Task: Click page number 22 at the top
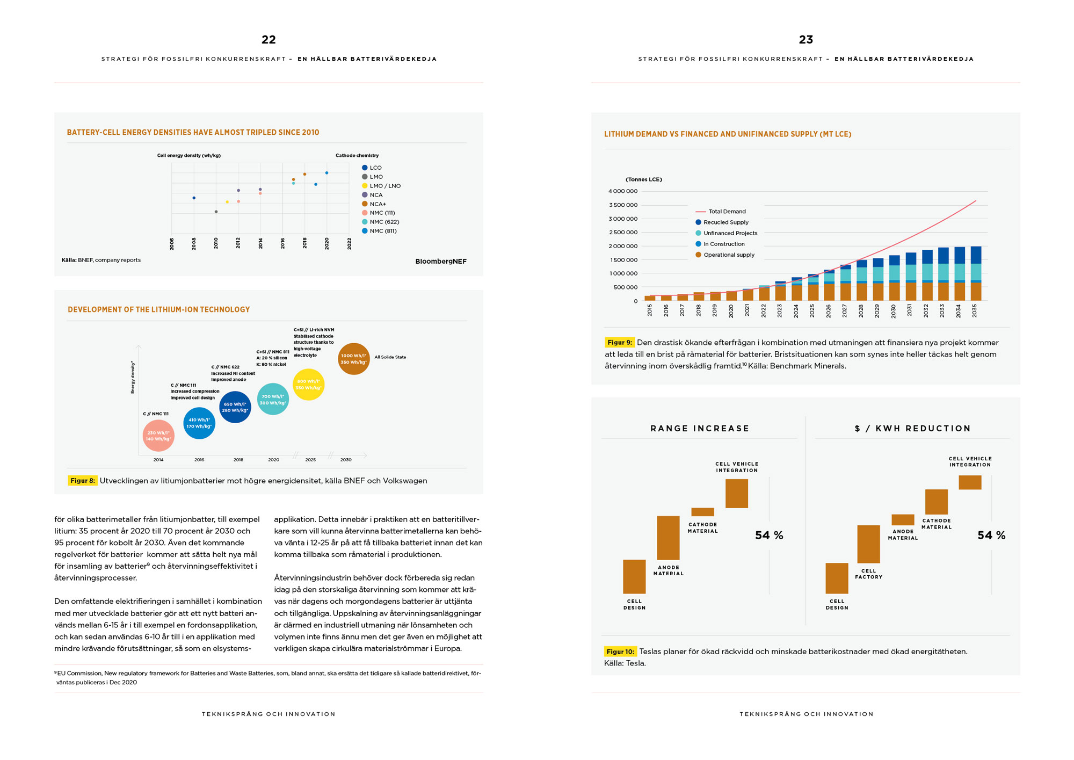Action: [x=268, y=40]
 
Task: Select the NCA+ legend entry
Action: [x=374, y=204]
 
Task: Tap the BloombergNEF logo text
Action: [x=441, y=262]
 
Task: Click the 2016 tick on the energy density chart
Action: [x=282, y=243]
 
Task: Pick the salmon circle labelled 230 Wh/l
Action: [x=158, y=436]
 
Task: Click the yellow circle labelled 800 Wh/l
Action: [x=309, y=385]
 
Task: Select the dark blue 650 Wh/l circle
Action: [x=235, y=407]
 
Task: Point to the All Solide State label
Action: [x=390, y=357]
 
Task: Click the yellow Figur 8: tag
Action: [x=83, y=481]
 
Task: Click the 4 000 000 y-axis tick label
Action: [x=623, y=191]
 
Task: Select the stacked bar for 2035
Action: [x=976, y=273]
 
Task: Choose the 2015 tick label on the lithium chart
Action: [x=650, y=310]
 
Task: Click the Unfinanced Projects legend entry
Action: [x=726, y=233]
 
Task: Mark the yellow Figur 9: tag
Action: [x=620, y=343]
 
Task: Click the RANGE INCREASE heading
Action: [x=700, y=429]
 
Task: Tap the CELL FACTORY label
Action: [x=868, y=574]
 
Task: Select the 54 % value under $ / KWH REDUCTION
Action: [x=991, y=535]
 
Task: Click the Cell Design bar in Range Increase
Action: [x=634, y=577]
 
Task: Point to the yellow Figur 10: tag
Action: [x=621, y=652]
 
